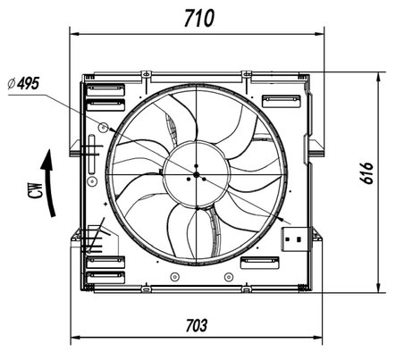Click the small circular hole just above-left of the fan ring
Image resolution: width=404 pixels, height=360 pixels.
(104, 128)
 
